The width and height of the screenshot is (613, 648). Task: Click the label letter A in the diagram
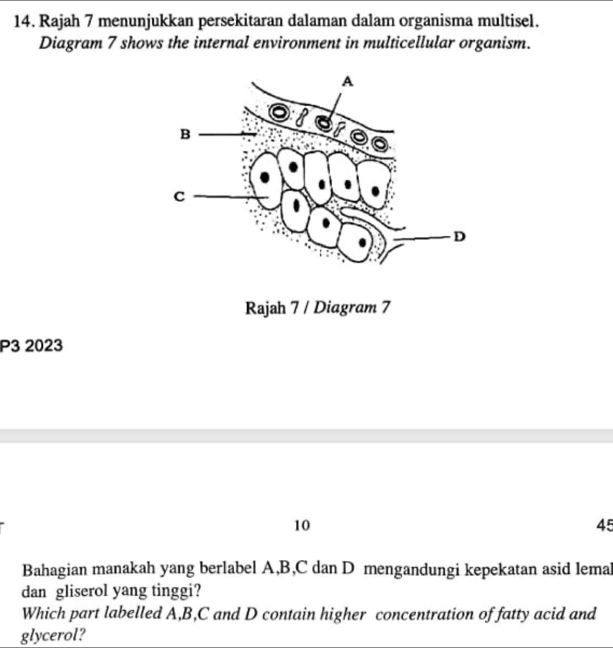(x=349, y=82)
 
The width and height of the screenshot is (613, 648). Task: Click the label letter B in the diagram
(x=185, y=134)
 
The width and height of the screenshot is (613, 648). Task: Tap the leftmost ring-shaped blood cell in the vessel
(x=281, y=113)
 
